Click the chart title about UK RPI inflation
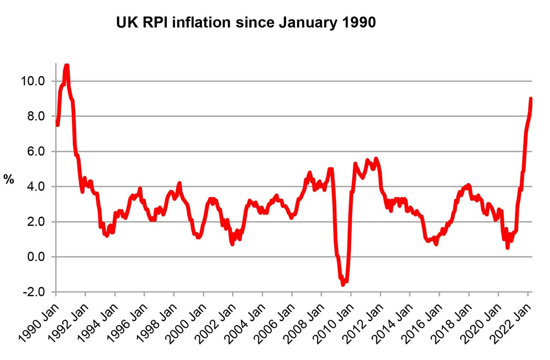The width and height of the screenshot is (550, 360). pyautogui.click(x=246, y=22)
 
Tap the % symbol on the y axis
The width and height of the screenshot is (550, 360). pyautogui.click(x=9, y=180)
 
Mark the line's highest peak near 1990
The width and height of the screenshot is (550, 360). pyautogui.click(x=67, y=66)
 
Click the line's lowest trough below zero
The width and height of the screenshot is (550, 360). pyautogui.click(x=343, y=284)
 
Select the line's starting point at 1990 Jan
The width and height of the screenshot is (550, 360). pyautogui.click(x=57, y=123)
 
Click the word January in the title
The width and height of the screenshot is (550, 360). pyautogui.click(x=296, y=22)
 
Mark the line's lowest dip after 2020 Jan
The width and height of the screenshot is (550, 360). pyautogui.click(x=507, y=247)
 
